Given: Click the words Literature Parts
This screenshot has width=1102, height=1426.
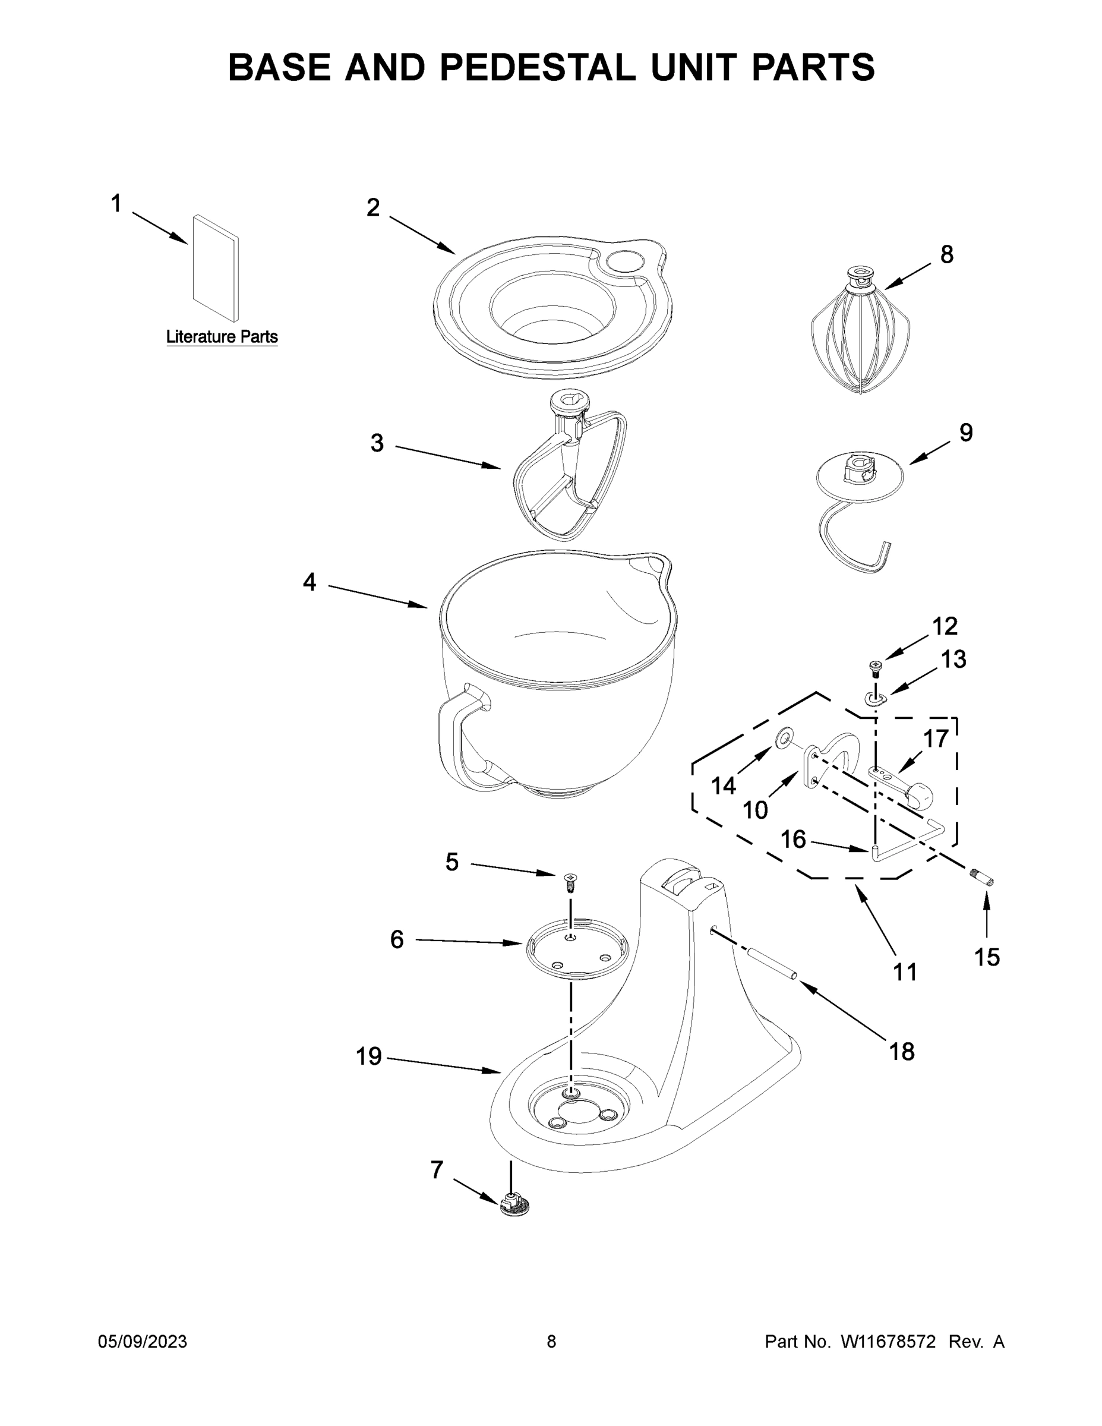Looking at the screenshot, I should point(222,337).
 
